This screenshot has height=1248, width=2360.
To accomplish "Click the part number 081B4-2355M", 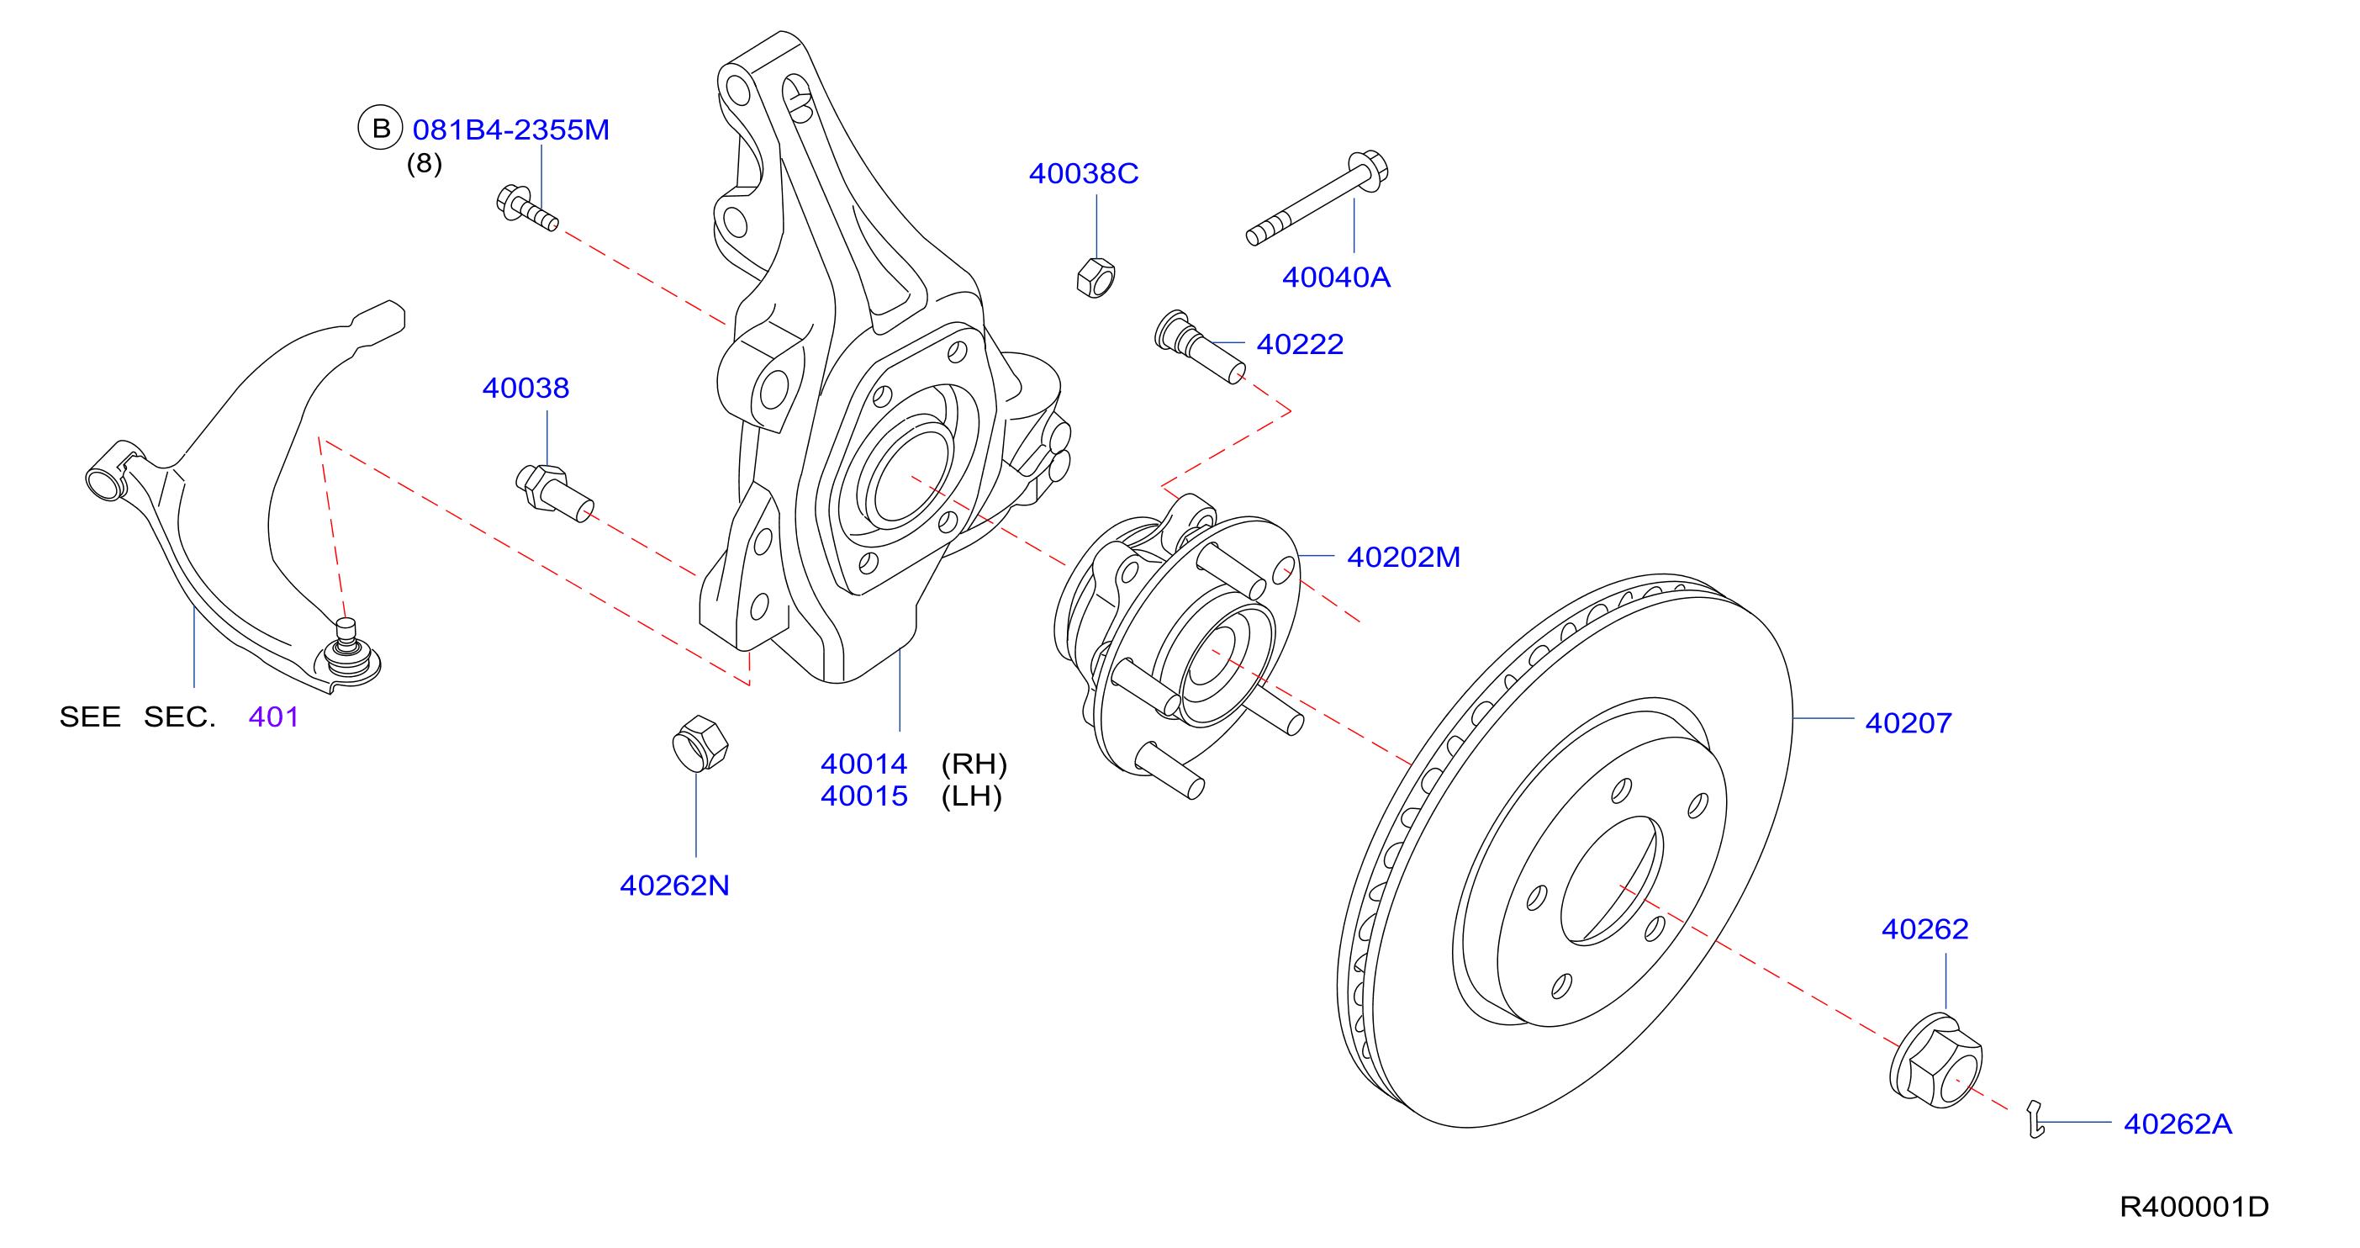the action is [x=510, y=130].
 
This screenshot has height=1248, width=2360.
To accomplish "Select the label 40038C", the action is [x=1083, y=173].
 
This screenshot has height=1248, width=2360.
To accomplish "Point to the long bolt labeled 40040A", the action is [x=1317, y=198].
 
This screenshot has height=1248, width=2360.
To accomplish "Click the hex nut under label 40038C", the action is [x=1096, y=278].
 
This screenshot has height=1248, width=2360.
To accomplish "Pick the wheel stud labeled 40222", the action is [x=1199, y=347].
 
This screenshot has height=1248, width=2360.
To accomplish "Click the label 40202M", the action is [x=1403, y=557].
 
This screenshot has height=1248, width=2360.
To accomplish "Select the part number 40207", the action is [x=1909, y=723].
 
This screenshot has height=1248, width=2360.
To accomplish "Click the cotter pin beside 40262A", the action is [x=2035, y=1118].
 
